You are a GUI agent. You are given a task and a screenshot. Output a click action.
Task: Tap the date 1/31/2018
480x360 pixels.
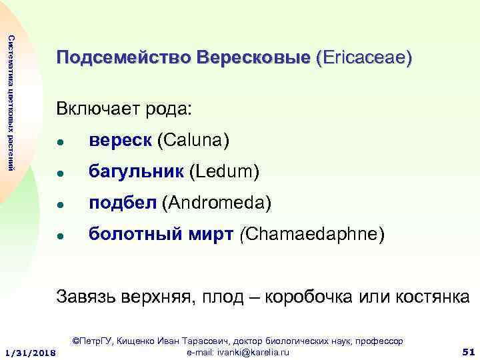[30, 352]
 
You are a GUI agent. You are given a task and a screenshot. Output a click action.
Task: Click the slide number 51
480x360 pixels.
[467, 351]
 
